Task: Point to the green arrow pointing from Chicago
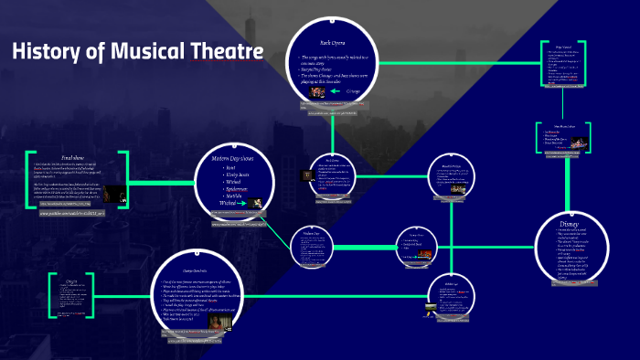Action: point(336,90)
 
